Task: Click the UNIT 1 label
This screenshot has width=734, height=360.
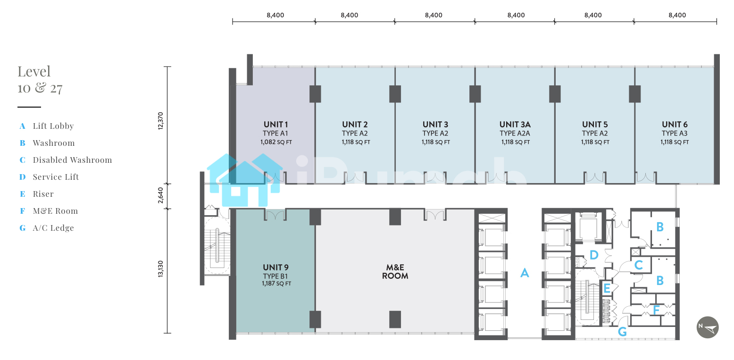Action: [x=275, y=125]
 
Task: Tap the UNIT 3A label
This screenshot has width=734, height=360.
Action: [x=515, y=125]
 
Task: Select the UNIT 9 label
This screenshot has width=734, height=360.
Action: [x=275, y=268]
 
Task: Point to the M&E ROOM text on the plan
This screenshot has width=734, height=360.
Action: [x=395, y=272]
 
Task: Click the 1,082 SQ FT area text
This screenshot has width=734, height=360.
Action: [x=276, y=142]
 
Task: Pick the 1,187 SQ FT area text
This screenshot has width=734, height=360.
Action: [x=276, y=284]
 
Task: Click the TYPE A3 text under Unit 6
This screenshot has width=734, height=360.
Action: [x=675, y=134]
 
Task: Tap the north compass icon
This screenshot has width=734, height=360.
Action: [x=708, y=327]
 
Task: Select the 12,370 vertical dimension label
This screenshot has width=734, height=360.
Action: [x=160, y=121]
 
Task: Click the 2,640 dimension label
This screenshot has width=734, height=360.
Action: [x=160, y=195]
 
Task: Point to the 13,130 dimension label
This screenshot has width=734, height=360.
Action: [x=160, y=269]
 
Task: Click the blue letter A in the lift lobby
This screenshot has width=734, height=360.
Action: [x=525, y=273]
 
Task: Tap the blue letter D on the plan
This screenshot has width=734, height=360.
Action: [x=594, y=255]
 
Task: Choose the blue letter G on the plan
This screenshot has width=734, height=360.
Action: [x=622, y=332]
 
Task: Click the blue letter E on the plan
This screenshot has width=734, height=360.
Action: [x=607, y=289]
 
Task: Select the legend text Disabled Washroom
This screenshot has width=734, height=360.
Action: [x=73, y=160]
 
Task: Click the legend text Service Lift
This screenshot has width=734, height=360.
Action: [x=56, y=177]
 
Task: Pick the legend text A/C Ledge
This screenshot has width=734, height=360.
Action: [x=53, y=228]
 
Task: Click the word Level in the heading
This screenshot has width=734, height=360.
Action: [x=34, y=71]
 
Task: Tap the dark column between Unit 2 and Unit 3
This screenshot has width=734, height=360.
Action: [x=395, y=94]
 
